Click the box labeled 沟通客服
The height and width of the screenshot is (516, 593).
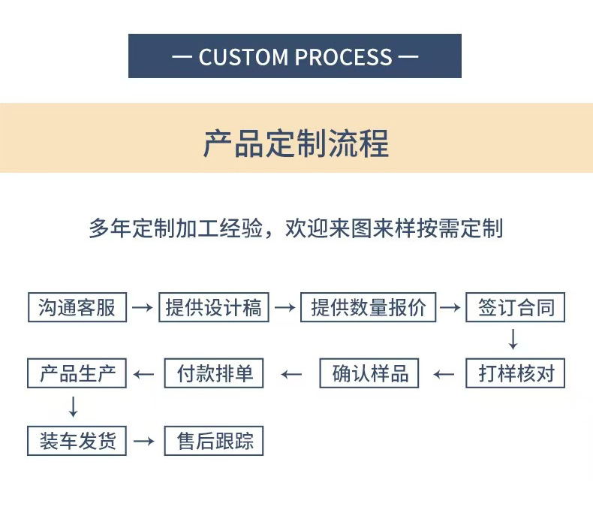pyautogui.click(x=77, y=307)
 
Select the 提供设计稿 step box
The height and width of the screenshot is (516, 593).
pyautogui.click(x=213, y=307)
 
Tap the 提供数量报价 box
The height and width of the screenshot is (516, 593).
pyautogui.click(x=368, y=307)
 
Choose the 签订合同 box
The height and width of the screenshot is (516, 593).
pyautogui.click(x=515, y=307)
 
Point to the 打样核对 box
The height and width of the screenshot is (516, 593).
pyautogui.click(x=515, y=373)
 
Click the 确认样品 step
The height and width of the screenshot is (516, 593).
pyautogui.click(x=369, y=373)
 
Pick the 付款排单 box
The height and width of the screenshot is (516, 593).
pyautogui.click(x=214, y=373)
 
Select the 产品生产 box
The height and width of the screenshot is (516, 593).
pyautogui.click(x=77, y=373)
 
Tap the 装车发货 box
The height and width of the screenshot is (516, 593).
pyautogui.click(x=77, y=440)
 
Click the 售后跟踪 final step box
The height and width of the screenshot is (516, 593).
pyautogui.click(x=214, y=440)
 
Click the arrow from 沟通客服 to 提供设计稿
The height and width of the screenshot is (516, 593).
pyautogui.click(x=143, y=307)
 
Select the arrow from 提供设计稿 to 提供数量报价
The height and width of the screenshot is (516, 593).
pyautogui.click(x=284, y=307)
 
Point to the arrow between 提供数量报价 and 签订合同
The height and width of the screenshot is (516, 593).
pyautogui.click(x=450, y=307)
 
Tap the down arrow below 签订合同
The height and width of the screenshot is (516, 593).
pyautogui.click(x=513, y=339)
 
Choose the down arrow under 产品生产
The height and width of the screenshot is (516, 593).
pyautogui.click(x=73, y=406)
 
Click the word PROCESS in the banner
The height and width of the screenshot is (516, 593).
pyautogui.click(x=343, y=57)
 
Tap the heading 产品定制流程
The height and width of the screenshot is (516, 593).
pyautogui.click(x=296, y=143)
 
